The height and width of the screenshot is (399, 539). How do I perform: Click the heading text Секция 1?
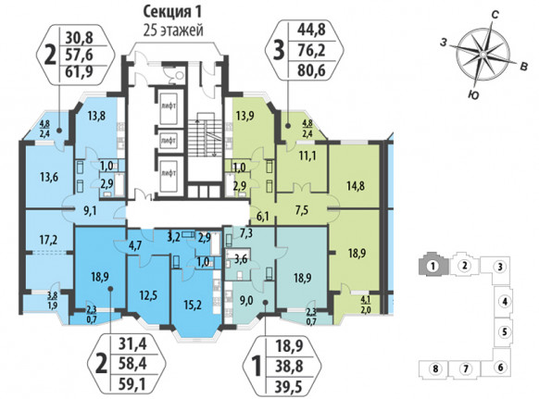(172, 12)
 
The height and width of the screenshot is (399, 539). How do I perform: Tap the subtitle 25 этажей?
(173, 31)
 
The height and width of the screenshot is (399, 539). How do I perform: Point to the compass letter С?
(495, 15)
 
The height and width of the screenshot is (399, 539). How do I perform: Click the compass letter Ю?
(473, 95)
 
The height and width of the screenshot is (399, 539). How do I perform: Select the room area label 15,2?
(193, 305)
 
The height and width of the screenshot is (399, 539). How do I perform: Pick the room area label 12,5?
(148, 294)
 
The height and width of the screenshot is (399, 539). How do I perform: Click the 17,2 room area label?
(49, 240)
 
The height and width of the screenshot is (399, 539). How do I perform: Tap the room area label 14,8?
(356, 186)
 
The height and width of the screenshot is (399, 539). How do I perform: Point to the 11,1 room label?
(307, 156)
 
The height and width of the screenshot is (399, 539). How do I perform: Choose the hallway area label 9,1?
(90, 211)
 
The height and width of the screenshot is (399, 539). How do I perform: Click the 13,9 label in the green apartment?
(245, 116)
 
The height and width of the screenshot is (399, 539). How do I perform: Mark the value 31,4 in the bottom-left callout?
(132, 343)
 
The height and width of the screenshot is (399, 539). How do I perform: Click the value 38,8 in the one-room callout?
(289, 367)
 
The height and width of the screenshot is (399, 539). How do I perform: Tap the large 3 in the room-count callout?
(278, 51)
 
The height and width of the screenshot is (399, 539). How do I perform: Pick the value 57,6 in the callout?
(81, 55)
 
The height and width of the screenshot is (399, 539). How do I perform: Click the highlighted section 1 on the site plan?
(433, 265)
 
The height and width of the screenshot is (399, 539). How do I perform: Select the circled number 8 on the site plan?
(435, 369)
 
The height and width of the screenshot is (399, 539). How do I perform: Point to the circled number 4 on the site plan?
(505, 302)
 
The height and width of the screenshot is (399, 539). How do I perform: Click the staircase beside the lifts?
(204, 135)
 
